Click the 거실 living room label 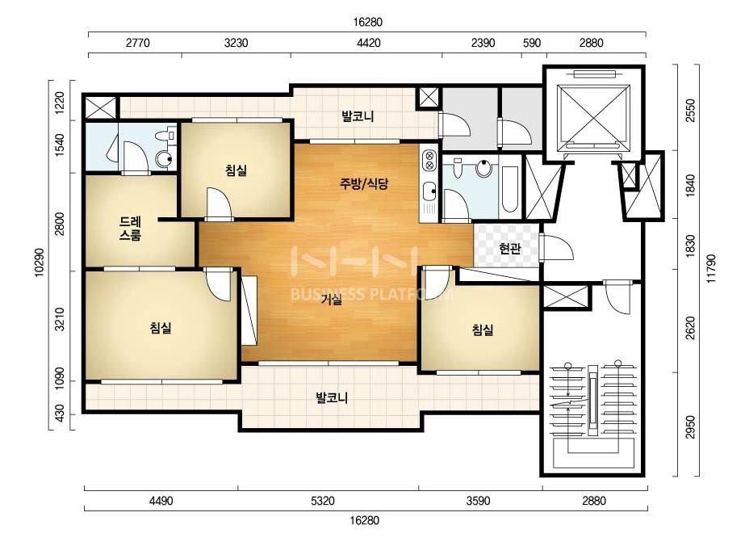coord(331,300)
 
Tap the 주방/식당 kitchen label coord(364,183)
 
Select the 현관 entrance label coord(510,248)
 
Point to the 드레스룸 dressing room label coord(130,228)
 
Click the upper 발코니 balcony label coord(358,116)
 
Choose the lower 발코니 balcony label coord(332,397)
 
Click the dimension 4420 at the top coord(368,43)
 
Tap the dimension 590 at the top coord(532,43)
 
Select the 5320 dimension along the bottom coord(323,500)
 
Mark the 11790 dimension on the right coord(711,268)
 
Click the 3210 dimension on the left coord(60,319)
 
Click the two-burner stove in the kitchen coord(429,159)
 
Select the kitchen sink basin coord(430,191)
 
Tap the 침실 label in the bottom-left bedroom coord(161,328)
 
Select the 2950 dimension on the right coord(690,426)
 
